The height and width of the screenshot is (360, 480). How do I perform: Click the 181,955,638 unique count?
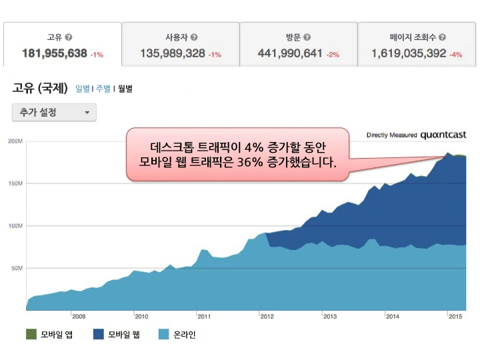pos(54,53)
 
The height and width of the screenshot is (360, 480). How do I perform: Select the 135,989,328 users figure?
pos(173,53)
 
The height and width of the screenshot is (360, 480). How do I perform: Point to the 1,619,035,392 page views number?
pos(409,53)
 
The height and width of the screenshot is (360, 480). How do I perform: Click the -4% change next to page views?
pos(456,55)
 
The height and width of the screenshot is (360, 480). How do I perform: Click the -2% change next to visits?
pos(333,55)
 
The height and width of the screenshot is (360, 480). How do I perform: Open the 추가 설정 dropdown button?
pos(54,113)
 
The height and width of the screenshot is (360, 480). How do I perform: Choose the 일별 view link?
pos(83,88)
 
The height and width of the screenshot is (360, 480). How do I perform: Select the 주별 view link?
pos(103,88)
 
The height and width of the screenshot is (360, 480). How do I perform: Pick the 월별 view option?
pos(125,88)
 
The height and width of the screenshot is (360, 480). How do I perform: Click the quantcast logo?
pos(443,135)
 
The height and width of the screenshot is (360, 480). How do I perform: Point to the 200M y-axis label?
pos(15,141)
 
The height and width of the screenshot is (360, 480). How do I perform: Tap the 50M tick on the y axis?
pos(16,268)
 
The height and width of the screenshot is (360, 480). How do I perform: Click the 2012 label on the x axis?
pos(267,317)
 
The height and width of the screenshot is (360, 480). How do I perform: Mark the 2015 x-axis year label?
pos(456,317)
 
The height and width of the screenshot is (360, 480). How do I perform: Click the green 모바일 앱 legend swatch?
pos(31,334)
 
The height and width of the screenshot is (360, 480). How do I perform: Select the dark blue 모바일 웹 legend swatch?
pos(97,334)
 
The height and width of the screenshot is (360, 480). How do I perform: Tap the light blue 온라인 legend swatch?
pos(163,334)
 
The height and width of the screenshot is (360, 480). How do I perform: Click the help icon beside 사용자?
pos(194,38)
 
